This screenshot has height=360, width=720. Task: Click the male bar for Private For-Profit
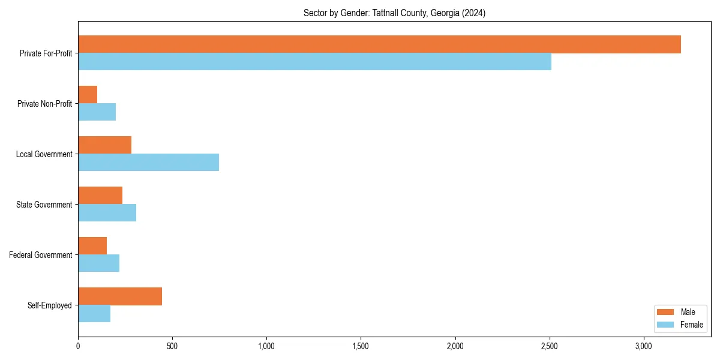379,44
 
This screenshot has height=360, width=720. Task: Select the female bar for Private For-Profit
314,62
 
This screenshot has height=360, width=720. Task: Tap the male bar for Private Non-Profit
88,95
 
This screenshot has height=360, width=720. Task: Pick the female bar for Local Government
148,163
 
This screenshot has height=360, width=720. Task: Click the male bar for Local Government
104,145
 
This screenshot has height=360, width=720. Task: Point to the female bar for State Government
107,213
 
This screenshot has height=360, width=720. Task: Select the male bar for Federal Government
92,246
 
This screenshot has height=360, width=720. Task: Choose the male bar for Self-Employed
120,296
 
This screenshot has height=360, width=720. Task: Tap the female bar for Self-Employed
94,314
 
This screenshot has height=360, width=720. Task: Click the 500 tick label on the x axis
172,346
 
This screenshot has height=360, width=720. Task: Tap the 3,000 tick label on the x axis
644,346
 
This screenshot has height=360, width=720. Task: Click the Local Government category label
44,154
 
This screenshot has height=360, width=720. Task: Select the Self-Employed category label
49,305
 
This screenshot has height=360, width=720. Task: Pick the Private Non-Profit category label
44,104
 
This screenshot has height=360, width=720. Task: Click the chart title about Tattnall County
394,13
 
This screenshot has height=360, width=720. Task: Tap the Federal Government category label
41,255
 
